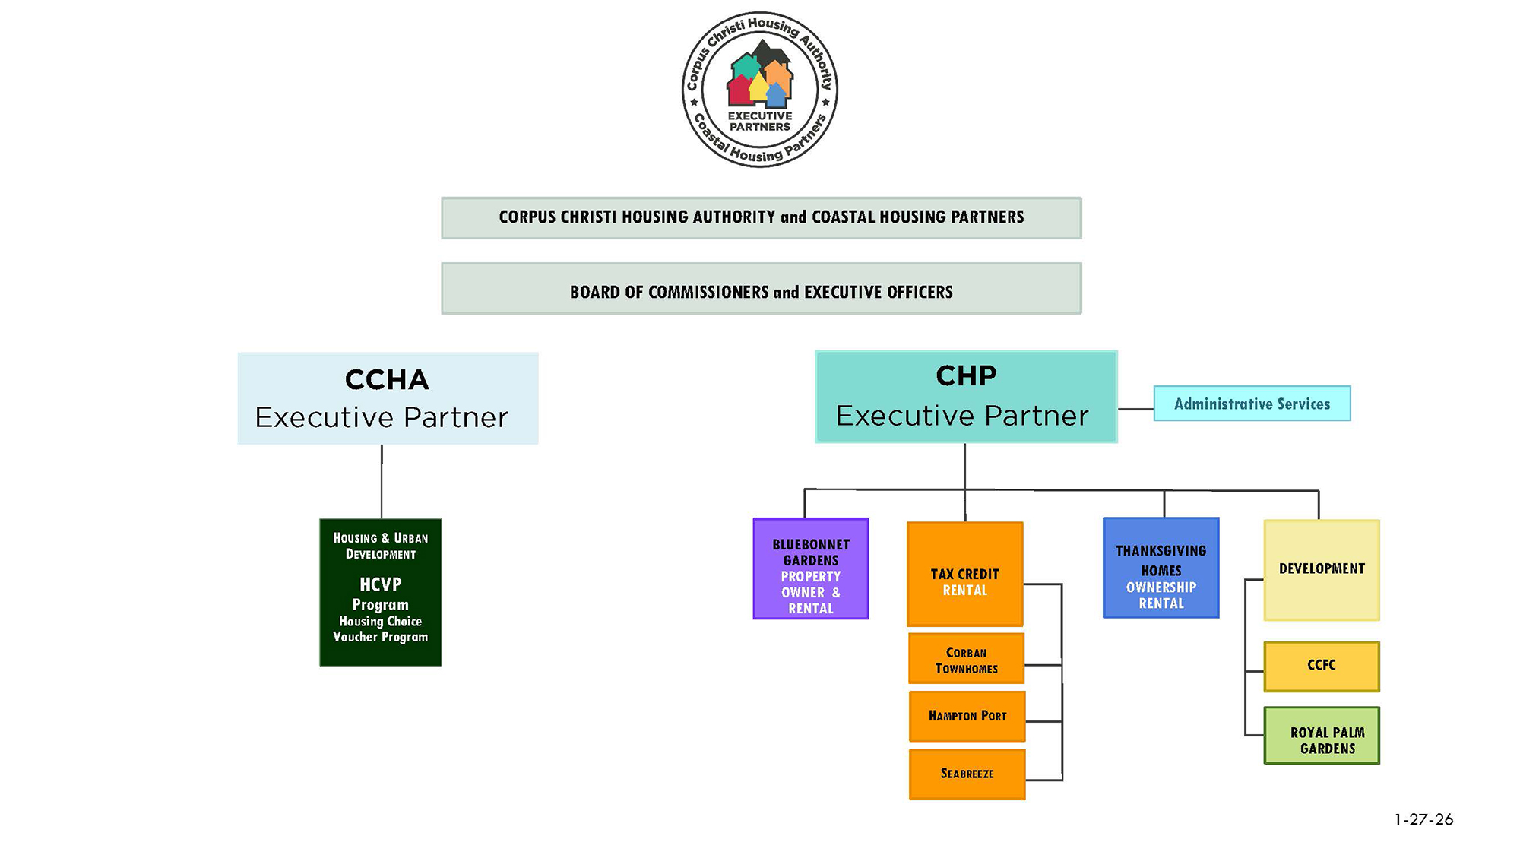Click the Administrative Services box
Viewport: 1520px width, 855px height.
point(1252,404)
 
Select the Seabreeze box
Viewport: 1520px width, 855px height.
point(967,774)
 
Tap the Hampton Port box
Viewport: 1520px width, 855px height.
point(967,716)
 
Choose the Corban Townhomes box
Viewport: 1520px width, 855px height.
point(966,659)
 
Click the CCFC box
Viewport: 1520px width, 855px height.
point(1321,666)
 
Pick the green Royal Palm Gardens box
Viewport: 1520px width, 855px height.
point(1321,736)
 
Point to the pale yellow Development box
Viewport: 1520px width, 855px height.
point(1321,570)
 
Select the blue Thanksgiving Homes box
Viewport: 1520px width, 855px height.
point(1161,568)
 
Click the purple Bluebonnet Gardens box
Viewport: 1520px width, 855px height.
point(810,568)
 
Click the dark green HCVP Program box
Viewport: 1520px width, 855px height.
point(380,592)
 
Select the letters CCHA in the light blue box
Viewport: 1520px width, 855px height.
point(387,379)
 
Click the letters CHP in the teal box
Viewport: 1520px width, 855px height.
point(965,375)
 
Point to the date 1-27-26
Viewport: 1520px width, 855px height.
point(1423,819)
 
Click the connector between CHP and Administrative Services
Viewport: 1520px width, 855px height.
point(1135,409)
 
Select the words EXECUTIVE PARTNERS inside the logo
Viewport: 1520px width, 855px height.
point(760,122)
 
